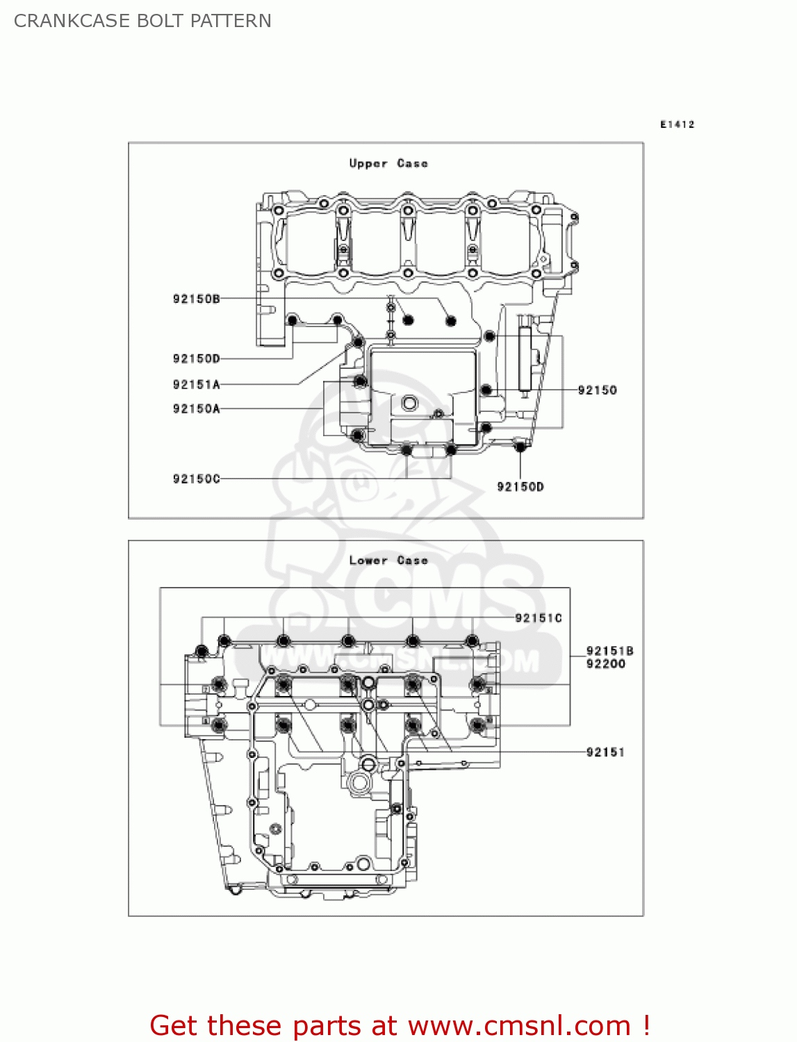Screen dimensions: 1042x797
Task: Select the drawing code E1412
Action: tap(677, 124)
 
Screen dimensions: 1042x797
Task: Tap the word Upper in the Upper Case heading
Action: tap(368, 163)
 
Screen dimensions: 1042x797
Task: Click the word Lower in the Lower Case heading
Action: tap(368, 561)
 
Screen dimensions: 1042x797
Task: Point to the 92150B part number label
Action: tap(196, 299)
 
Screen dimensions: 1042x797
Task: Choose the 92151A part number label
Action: tap(196, 384)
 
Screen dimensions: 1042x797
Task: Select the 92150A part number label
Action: tap(196, 408)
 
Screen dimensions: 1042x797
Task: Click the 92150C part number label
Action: tap(196, 479)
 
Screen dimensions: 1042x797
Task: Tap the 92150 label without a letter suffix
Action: tap(597, 390)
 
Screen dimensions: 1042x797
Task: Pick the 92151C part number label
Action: tap(538, 618)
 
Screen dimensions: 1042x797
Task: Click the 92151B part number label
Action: tap(609, 651)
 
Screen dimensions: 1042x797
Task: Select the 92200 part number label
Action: tap(605, 664)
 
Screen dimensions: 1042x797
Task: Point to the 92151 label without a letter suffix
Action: tap(605, 752)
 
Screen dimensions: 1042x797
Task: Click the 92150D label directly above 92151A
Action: tap(196, 358)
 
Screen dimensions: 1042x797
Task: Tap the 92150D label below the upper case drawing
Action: tap(520, 486)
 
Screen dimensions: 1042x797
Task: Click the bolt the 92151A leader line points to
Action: tap(358, 342)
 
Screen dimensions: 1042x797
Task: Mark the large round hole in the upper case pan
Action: tap(409, 403)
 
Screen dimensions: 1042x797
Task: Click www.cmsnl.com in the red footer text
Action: tap(518, 1026)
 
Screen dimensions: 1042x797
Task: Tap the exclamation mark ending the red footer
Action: tap(646, 1026)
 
